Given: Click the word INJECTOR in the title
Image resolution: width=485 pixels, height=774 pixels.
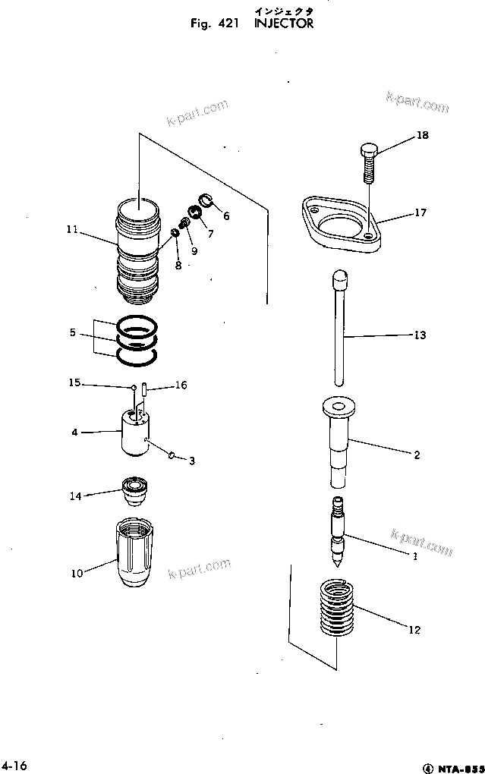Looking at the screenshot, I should click(x=279, y=24).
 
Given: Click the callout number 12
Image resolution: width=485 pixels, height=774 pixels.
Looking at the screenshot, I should click(x=414, y=630).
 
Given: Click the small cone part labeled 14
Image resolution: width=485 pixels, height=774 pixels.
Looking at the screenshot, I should click(x=137, y=492).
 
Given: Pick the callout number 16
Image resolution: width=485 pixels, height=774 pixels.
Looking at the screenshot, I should click(x=181, y=385).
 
